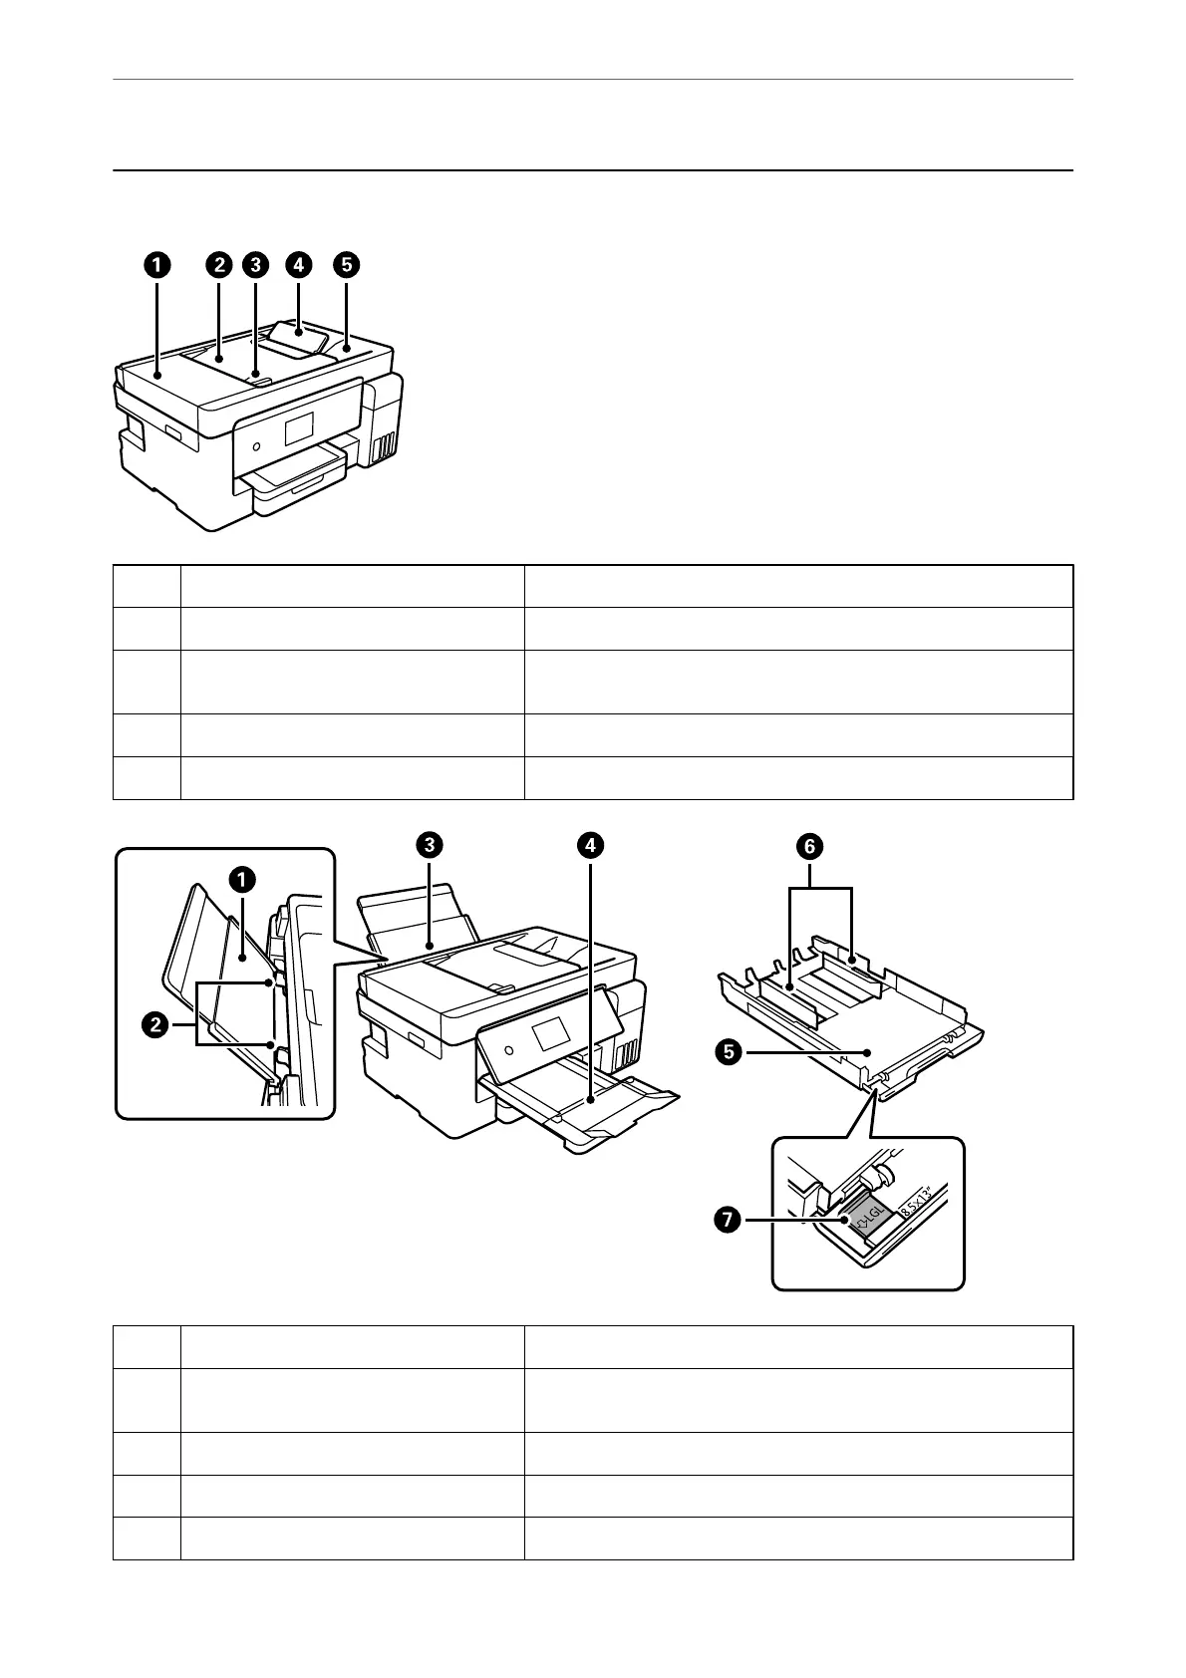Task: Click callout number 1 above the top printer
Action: coord(155,265)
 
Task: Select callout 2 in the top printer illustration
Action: coord(218,265)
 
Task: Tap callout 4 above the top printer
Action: coord(298,265)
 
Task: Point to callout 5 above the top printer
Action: coord(346,265)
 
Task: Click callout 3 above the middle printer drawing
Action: coord(429,845)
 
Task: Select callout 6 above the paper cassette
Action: coord(809,847)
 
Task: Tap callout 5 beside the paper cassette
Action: coord(731,1051)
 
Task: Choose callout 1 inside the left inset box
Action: coord(241,880)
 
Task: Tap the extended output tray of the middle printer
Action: coord(598,1106)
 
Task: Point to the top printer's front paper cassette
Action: coord(299,493)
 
